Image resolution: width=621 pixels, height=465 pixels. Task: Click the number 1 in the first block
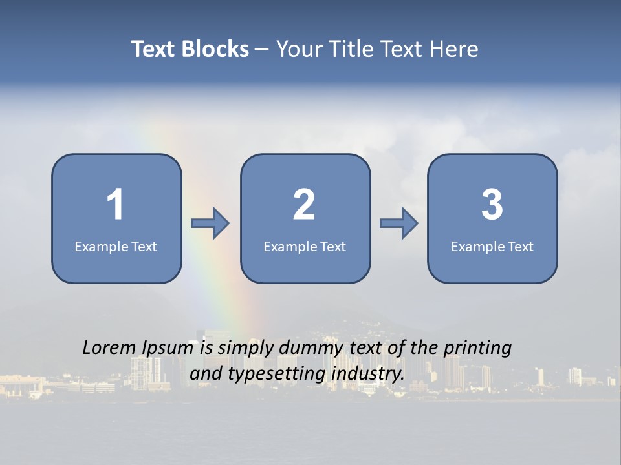click(x=115, y=205)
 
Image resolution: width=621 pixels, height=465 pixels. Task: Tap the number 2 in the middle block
click(x=304, y=205)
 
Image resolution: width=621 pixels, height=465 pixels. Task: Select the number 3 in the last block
click(x=492, y=205)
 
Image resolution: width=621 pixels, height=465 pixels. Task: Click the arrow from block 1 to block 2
click(x=210, y=223)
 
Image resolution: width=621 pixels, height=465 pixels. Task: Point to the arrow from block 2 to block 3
click(x=399, y=223)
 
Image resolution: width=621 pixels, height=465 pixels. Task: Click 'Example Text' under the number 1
click(x=116, y=246)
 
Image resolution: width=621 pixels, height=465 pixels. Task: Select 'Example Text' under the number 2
click(x=305, y=246)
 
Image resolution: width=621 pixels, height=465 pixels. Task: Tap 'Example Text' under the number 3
click(x=492, y=246)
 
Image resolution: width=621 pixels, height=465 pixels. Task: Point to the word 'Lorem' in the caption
click(x=109, y=347)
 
